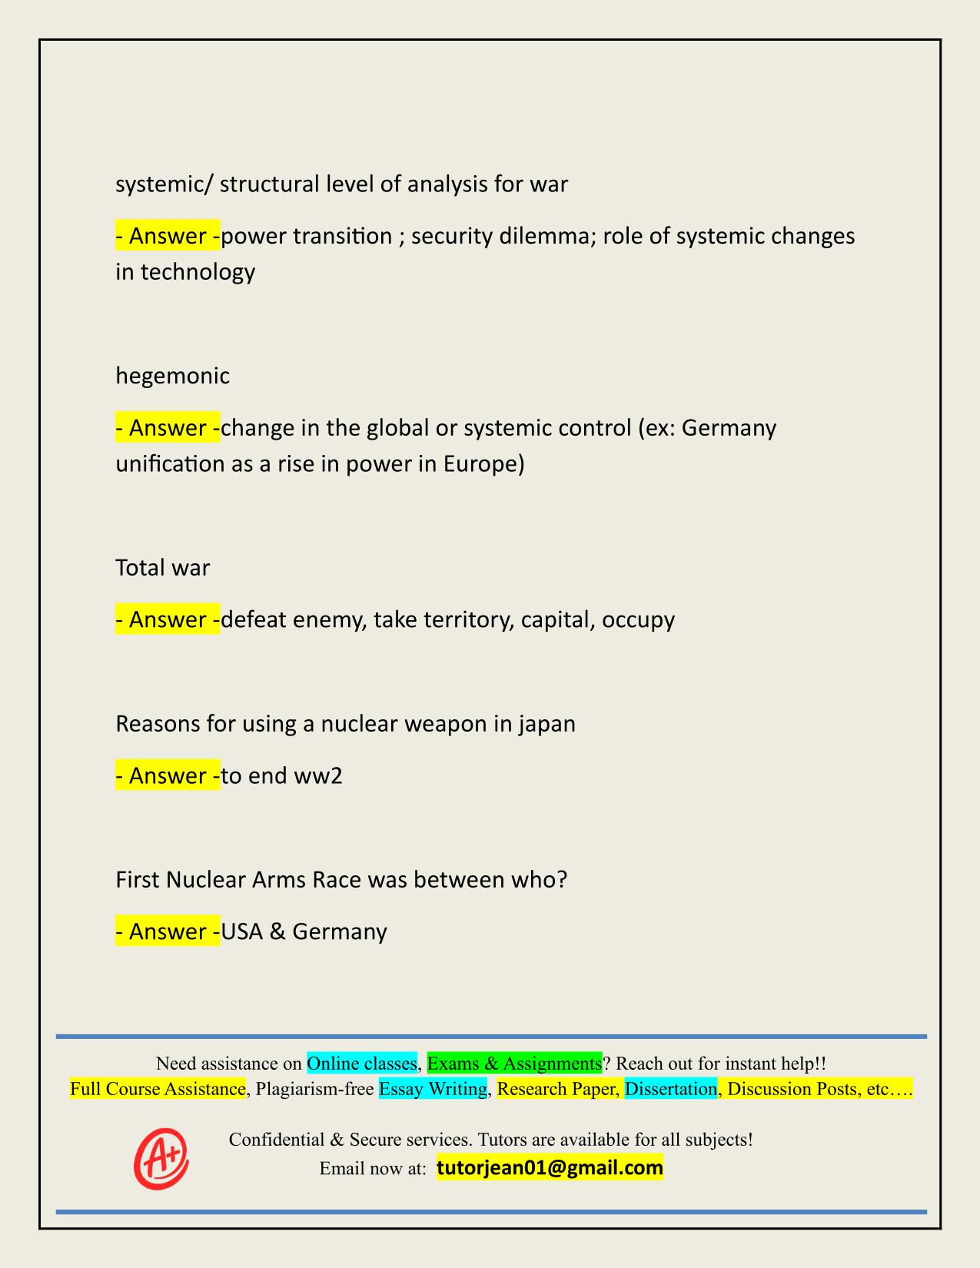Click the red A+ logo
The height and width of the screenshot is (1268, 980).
tap(161, 1158)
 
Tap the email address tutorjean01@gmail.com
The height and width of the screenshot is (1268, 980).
tap(550, 1168)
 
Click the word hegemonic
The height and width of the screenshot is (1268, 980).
tap(172, 376)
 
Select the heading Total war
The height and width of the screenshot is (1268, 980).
tap(162, 568)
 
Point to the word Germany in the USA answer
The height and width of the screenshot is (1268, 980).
tap(340, 931)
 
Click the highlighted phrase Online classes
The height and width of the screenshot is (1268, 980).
tap(362, 1064)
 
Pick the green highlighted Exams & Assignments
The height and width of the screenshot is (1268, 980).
tap(514, 1064)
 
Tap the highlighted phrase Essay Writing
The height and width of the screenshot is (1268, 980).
tap(434, 1089)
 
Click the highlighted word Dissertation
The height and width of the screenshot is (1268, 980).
tap(670, 1089)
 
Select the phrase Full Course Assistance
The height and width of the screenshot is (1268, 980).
tap(158, 1089)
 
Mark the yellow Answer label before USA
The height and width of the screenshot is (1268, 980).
tap(168, 931)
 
